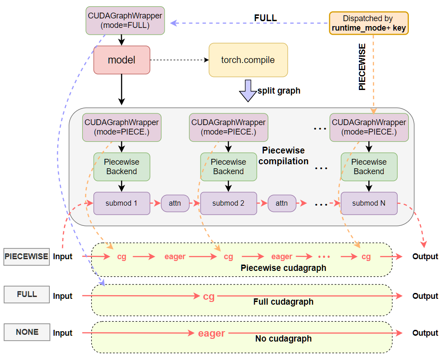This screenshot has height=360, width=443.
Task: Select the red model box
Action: [121, 60]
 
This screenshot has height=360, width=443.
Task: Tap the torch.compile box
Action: [248, 60]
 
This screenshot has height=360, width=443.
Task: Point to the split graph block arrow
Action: [247, 90]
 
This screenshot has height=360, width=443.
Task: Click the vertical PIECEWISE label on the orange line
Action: [362, 67]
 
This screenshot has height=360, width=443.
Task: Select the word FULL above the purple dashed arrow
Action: [265, 18]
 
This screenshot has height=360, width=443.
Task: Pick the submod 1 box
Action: [121, 203]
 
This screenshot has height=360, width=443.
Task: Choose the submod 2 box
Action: [228, 203]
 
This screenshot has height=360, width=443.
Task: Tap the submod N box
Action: [369, 203]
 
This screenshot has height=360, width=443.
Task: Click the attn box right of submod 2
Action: [282, 203]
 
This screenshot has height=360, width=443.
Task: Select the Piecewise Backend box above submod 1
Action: [121, 166]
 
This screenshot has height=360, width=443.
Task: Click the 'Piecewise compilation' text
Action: [283, 156]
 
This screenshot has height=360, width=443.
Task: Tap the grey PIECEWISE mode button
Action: [26, 256]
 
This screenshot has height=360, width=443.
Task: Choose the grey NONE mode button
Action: [27, 332]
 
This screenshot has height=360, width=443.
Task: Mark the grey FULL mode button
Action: [27, 294]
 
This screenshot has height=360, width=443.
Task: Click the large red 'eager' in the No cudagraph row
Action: [211, 333]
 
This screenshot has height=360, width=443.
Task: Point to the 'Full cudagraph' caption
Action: [283, 301]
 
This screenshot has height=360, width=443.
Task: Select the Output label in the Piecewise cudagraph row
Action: [425, 256]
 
